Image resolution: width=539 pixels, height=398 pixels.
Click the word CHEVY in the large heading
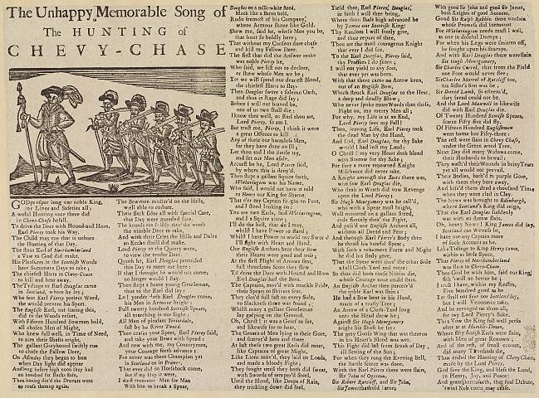tap(57, 51)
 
